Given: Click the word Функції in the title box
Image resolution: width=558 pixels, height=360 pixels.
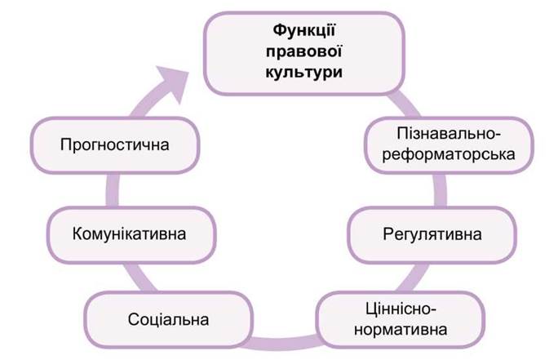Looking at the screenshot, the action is (304, 31).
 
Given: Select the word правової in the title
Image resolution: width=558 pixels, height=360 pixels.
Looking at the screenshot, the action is (304, 51).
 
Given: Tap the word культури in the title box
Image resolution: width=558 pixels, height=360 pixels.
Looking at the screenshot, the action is (304, 72).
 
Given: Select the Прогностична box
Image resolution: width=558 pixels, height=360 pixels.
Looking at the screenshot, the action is (115, 145).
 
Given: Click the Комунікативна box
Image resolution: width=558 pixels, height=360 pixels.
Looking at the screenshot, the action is (131, 234).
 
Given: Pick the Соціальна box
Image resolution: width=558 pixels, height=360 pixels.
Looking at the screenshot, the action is (169, 319).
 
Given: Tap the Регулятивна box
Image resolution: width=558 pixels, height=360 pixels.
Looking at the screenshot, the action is (432, 234).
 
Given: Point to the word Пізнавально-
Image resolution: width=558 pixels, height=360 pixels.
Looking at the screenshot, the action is (449, 134).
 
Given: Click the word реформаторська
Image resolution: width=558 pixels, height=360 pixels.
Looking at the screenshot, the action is (449, 154).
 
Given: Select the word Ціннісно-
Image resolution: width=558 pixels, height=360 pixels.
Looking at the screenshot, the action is (401, 309).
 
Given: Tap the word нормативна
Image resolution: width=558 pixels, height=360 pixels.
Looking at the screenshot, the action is (401, 329).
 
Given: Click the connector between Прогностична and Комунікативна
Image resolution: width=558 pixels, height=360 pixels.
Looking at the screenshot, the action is (113, 190).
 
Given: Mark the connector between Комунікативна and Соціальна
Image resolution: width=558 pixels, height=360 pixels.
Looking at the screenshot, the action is (140, 278).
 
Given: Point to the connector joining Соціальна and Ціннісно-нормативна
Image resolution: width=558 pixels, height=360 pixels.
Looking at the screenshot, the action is (285, 342).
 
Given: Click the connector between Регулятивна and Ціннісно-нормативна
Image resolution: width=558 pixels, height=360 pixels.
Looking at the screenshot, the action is (414, 278).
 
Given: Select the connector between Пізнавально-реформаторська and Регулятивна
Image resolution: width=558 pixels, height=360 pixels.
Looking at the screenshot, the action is (440, 190).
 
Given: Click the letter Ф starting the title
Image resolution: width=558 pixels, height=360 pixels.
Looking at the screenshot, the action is (280, 31).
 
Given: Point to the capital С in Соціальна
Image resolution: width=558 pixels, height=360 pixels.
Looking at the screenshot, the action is (134, 319).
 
